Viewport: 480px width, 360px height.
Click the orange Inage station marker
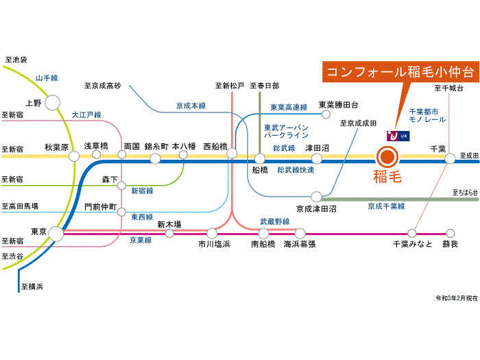(x=387, y=157)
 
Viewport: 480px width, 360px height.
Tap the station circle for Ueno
(x=52, y=103)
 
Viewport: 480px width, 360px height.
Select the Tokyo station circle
(x=56, y=234)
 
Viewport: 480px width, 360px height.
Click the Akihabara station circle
(x=74, y=156)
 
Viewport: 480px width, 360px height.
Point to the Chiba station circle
(x=451, y=158)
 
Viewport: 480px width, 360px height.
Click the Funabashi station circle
(x=260, y=158)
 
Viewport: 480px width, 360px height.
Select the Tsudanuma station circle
(x=316, y=157)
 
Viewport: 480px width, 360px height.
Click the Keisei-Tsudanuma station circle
(x=316, y=197)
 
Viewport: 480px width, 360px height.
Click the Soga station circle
(x=451, y=233)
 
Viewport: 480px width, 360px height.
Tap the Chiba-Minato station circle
(x=412, y=233)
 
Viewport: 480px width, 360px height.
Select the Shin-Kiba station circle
(x=169, y=233)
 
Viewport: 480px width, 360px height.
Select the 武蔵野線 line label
(x=274, y=221)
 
